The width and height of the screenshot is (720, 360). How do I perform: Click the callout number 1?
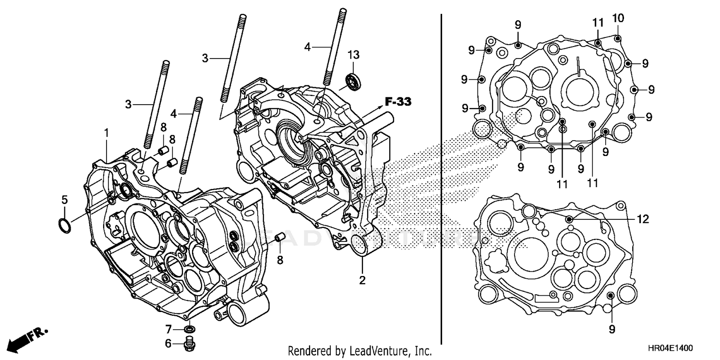point(107,131)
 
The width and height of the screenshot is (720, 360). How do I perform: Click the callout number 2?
point(362,280)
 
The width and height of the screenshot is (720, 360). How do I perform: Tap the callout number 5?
point(65,199)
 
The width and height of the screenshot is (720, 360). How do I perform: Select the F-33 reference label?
point(398,102)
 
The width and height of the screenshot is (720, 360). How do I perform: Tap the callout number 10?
point(618,19)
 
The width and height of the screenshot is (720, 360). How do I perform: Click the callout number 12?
point(643,219)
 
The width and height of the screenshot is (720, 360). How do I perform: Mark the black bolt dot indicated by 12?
point(569,219)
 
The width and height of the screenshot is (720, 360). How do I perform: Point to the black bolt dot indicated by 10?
point(618,38)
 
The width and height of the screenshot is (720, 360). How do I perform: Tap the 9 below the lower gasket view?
point(612,329)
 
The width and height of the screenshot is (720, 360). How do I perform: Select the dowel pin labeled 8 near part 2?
point(278,238)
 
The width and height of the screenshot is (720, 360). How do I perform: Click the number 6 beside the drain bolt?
point(168,344)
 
